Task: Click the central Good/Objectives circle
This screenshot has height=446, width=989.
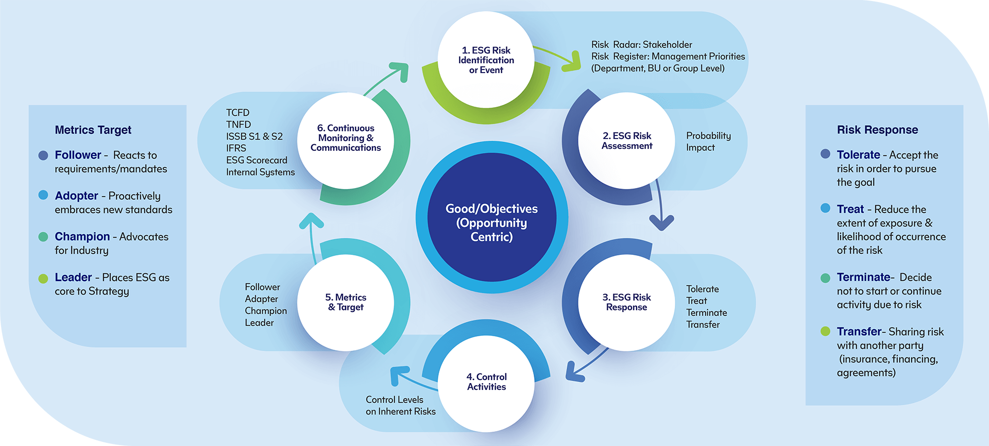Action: click(492, 217)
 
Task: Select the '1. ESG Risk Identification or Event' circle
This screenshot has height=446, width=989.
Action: click(486, 60)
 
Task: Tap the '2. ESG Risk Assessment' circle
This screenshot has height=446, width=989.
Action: click(626, 141)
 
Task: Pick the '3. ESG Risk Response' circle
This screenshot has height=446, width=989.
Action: click(626, 302)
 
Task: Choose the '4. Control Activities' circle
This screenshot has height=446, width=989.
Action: click(486, 382)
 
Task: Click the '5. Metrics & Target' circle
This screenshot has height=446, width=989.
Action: click(346, 302)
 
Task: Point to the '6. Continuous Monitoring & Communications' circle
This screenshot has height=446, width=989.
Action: click(346, 138)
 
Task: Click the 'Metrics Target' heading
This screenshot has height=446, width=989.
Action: click(93, 130)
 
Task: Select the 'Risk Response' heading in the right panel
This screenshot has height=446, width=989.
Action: click(877, 130)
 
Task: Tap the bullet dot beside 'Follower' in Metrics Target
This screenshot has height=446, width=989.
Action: click(43, 155)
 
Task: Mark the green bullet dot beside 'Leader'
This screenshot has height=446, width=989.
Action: click(43, 279)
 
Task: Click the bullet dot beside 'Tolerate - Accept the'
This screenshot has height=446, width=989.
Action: click(825, 154)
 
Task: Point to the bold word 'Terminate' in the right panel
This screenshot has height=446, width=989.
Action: click(863, 277)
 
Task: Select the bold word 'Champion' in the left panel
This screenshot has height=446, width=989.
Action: click(82, 236)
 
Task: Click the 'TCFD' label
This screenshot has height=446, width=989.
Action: click(237, 112)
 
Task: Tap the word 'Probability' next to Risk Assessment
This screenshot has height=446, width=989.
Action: click(708, 135)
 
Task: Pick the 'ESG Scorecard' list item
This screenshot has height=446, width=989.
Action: click(257, 160)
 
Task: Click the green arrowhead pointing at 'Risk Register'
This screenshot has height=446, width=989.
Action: click(572, 62)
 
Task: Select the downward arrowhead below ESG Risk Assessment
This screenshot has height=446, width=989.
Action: click(661, 222)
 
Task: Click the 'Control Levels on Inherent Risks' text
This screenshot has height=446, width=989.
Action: click(400, 405)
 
